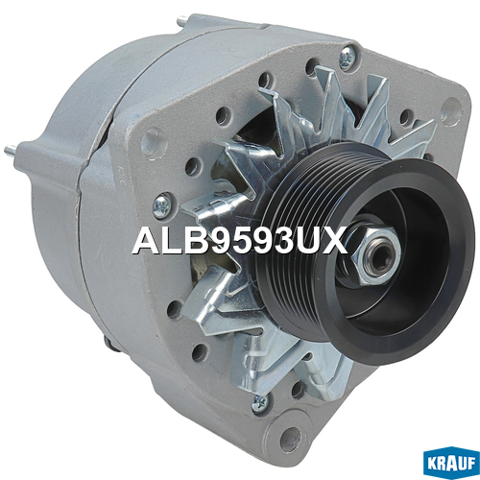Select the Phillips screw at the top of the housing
tap(347, 58)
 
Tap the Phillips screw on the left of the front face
tap(161, 204)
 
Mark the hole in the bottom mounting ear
tap(290, 439)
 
